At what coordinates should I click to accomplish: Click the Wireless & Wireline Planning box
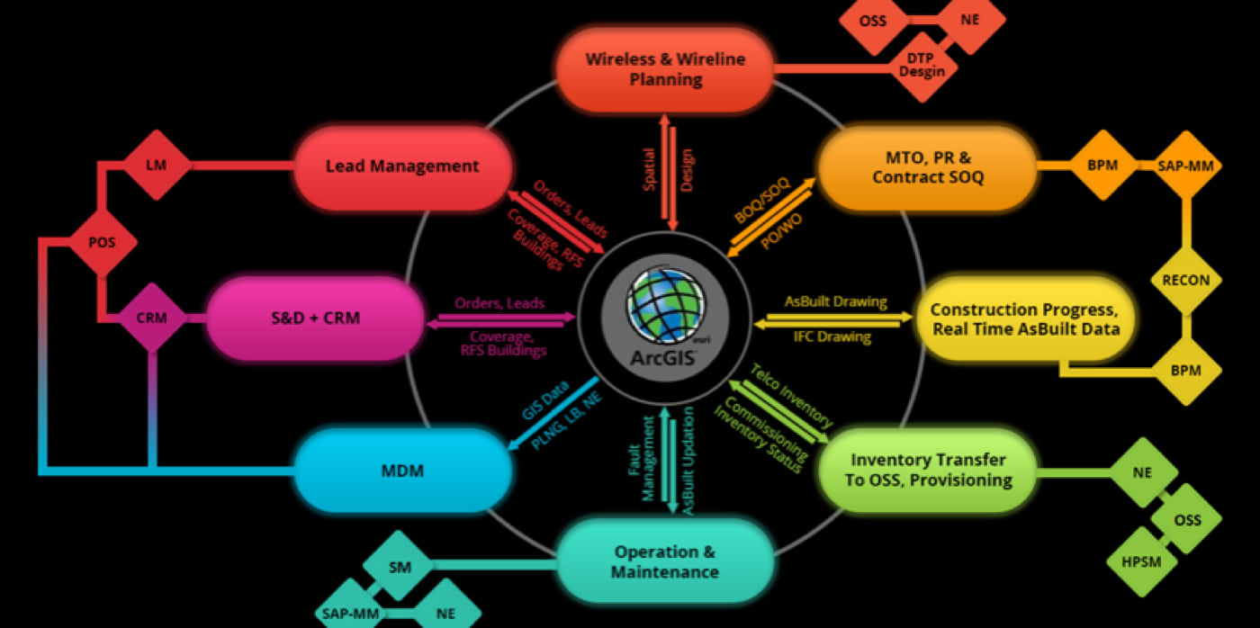coord(665,69)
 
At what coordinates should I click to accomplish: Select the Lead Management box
coord(402,166)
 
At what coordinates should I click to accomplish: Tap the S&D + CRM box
coord(315,318)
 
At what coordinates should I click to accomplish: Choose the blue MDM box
coord(402,470)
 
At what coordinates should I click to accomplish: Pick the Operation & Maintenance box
coord(665,561)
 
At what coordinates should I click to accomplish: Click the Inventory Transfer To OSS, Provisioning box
coord(927,470)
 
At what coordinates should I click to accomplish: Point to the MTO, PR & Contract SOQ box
coord(927,166)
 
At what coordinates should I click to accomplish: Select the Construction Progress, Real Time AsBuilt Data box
coord(1025,318)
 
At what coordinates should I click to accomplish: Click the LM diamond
coord(157,166)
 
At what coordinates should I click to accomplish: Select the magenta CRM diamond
coord(151,318)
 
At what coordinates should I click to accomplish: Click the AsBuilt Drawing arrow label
coord(835,302)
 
